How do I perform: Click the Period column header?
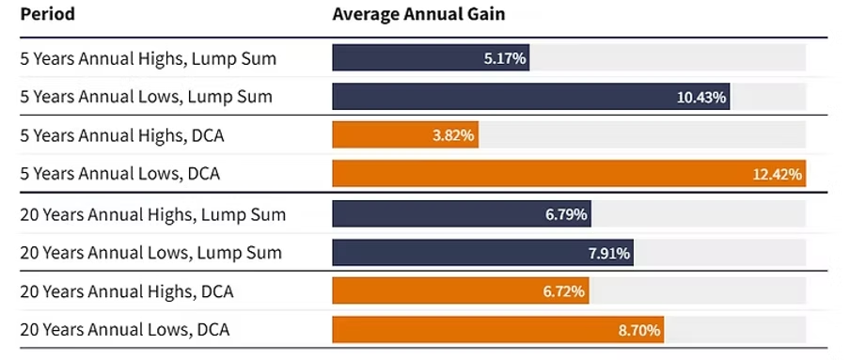47,14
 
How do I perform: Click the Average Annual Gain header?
418,14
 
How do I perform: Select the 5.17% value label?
505,58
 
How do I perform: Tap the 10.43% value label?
701,97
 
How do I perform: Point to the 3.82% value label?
453,135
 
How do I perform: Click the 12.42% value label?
778,174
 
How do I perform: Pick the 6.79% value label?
566,214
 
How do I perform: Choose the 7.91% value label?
608,253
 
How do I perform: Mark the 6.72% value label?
564,291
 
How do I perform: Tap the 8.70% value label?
639,330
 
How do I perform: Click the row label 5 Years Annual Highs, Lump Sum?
148,58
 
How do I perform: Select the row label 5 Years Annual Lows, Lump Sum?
147,97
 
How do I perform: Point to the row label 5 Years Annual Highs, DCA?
122,135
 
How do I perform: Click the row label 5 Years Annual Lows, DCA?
119,174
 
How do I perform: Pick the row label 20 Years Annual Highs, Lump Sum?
153,214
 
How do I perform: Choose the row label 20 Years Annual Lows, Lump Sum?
150,253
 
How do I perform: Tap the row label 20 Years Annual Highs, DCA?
127,291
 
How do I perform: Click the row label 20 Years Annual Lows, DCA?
125,330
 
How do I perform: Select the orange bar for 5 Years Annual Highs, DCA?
405,135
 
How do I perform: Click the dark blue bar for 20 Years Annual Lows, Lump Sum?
483,253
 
